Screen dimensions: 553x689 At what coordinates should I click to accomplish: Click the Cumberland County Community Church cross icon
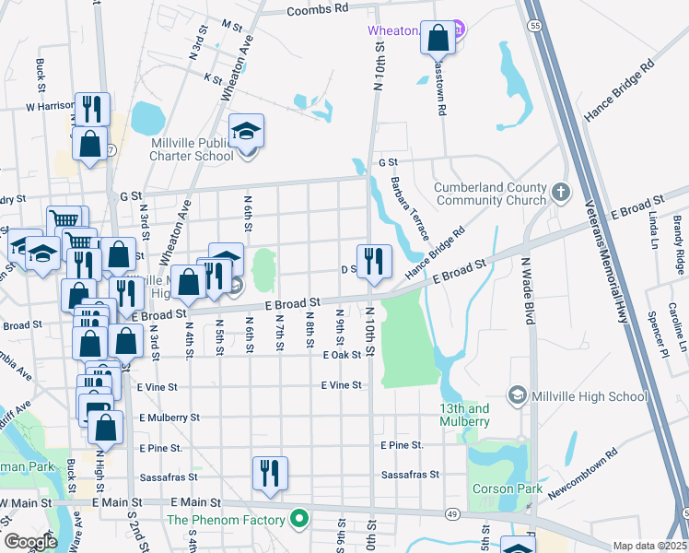click(x=561, y=193)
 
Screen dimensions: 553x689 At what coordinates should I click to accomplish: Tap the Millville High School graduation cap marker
click(x=517, y=396)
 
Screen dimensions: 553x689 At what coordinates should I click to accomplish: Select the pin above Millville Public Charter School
click(x=246, y=133)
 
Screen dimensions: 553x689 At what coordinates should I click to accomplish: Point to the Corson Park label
click(x=497, y=488)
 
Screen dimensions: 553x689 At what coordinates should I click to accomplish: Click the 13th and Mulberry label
click(x=464, y=415)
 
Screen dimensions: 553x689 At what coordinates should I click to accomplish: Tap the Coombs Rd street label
click(x=317, y=9)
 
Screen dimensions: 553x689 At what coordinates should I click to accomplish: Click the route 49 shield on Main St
click(x=452, y=512)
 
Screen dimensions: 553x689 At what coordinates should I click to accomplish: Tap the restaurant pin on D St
click(x=374, y=262)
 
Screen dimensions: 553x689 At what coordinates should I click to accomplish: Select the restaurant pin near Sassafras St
click(x=270, y=474)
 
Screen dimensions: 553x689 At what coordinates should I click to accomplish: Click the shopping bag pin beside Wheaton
click(x=439, y=40)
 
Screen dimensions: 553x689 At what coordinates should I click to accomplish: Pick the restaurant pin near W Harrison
click(x=91, y=110)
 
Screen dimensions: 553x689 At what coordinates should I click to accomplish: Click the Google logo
click(x=29, y=542)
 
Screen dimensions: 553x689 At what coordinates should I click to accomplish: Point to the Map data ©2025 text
click(x=649, y=546)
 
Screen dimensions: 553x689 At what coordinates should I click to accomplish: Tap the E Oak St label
click(x=341, y=355)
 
